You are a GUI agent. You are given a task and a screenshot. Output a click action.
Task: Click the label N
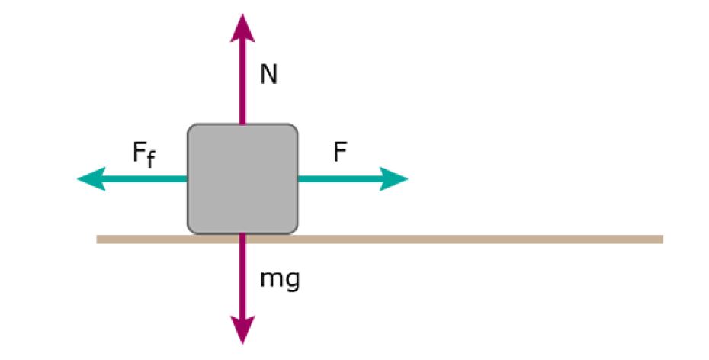(268, 74)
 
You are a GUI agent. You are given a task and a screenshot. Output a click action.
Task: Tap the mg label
(280, 280)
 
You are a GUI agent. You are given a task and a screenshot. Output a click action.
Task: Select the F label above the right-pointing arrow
(340, 153)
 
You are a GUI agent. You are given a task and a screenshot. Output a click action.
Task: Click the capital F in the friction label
(140, 153)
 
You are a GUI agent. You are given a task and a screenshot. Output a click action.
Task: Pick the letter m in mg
(270, 279)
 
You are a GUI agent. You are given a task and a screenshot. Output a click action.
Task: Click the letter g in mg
(291, 281)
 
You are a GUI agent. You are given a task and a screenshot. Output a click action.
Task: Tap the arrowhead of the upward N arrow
(242, 27)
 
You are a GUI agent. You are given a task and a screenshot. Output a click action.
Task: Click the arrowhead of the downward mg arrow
(242, 330)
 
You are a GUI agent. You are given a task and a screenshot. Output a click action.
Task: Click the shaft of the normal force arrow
(242, 84)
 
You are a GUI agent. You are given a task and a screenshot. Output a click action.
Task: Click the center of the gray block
(242, 178)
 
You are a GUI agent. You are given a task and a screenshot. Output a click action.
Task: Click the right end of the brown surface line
(659, 239)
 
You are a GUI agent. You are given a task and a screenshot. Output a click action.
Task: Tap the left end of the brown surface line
(100, 239)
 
